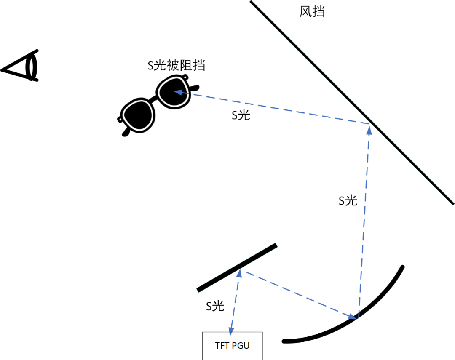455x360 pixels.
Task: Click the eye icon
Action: coord(23,67)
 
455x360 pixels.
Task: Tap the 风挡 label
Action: coord(312,12)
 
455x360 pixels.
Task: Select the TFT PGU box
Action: coord(232,346)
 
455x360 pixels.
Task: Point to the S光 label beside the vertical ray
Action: coord(348,201)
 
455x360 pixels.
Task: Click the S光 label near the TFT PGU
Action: coord(215,306)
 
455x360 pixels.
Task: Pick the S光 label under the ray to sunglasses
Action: coord(241,115)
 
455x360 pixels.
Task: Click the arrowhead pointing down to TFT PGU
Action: coord(231,328)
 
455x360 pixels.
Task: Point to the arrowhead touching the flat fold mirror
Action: coord(239,273)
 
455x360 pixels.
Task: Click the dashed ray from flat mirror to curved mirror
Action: coord(297,293)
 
